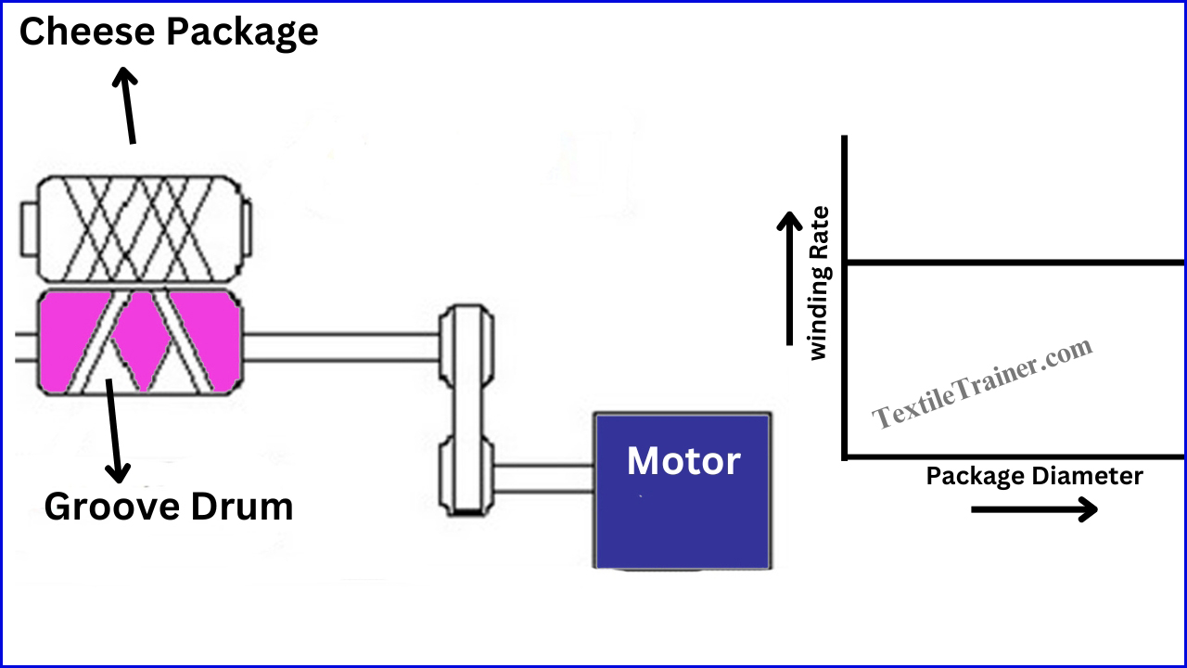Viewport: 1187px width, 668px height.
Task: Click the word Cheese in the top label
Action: pos(87,32)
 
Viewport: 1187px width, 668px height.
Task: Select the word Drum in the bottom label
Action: pos(242,507)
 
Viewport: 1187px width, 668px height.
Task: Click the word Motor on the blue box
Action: pos(683,461)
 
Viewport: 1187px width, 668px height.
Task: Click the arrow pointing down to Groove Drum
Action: pos(113,430)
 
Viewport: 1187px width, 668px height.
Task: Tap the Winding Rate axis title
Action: pos(819,283)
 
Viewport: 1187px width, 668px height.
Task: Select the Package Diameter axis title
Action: pos(1034,477)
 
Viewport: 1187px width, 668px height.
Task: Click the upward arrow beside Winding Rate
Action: pos(789,277)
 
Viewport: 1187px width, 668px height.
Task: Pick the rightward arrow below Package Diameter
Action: pos(1034,509)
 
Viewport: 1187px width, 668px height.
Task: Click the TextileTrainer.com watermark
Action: pos(982,383)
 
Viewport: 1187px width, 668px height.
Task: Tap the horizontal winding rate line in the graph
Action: pos(1015,263)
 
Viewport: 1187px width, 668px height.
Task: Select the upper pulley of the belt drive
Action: pos(466,345)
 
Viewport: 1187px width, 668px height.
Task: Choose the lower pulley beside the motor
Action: pos(466,476)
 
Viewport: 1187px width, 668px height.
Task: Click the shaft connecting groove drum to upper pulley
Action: pos(341,347)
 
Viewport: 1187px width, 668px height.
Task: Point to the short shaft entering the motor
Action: pos(543,478)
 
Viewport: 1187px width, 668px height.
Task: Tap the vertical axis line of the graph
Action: pos(845,298)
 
